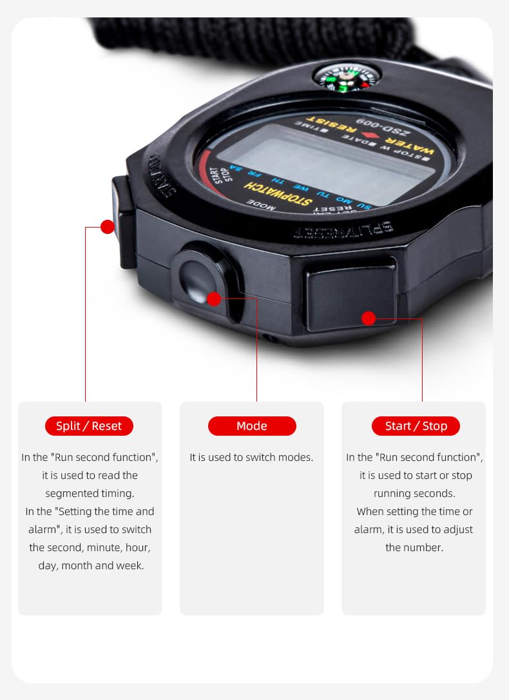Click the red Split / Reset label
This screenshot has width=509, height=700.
click(89, 426)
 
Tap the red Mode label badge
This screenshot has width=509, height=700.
click(252, 426)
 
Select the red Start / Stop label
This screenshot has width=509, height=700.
click(416, 426)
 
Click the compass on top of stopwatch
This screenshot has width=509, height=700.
click(347, 77)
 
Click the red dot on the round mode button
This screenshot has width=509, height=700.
click(214, 298)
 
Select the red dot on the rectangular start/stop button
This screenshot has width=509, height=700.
click(369, 318)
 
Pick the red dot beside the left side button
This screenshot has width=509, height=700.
click(108, 227)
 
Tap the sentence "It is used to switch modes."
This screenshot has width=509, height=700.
click(251, 458)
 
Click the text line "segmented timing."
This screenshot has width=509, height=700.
click(90, 494)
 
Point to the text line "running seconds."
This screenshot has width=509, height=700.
click(414, 494)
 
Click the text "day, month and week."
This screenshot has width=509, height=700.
click(90, 566)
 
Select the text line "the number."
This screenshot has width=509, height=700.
click(414, 548)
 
